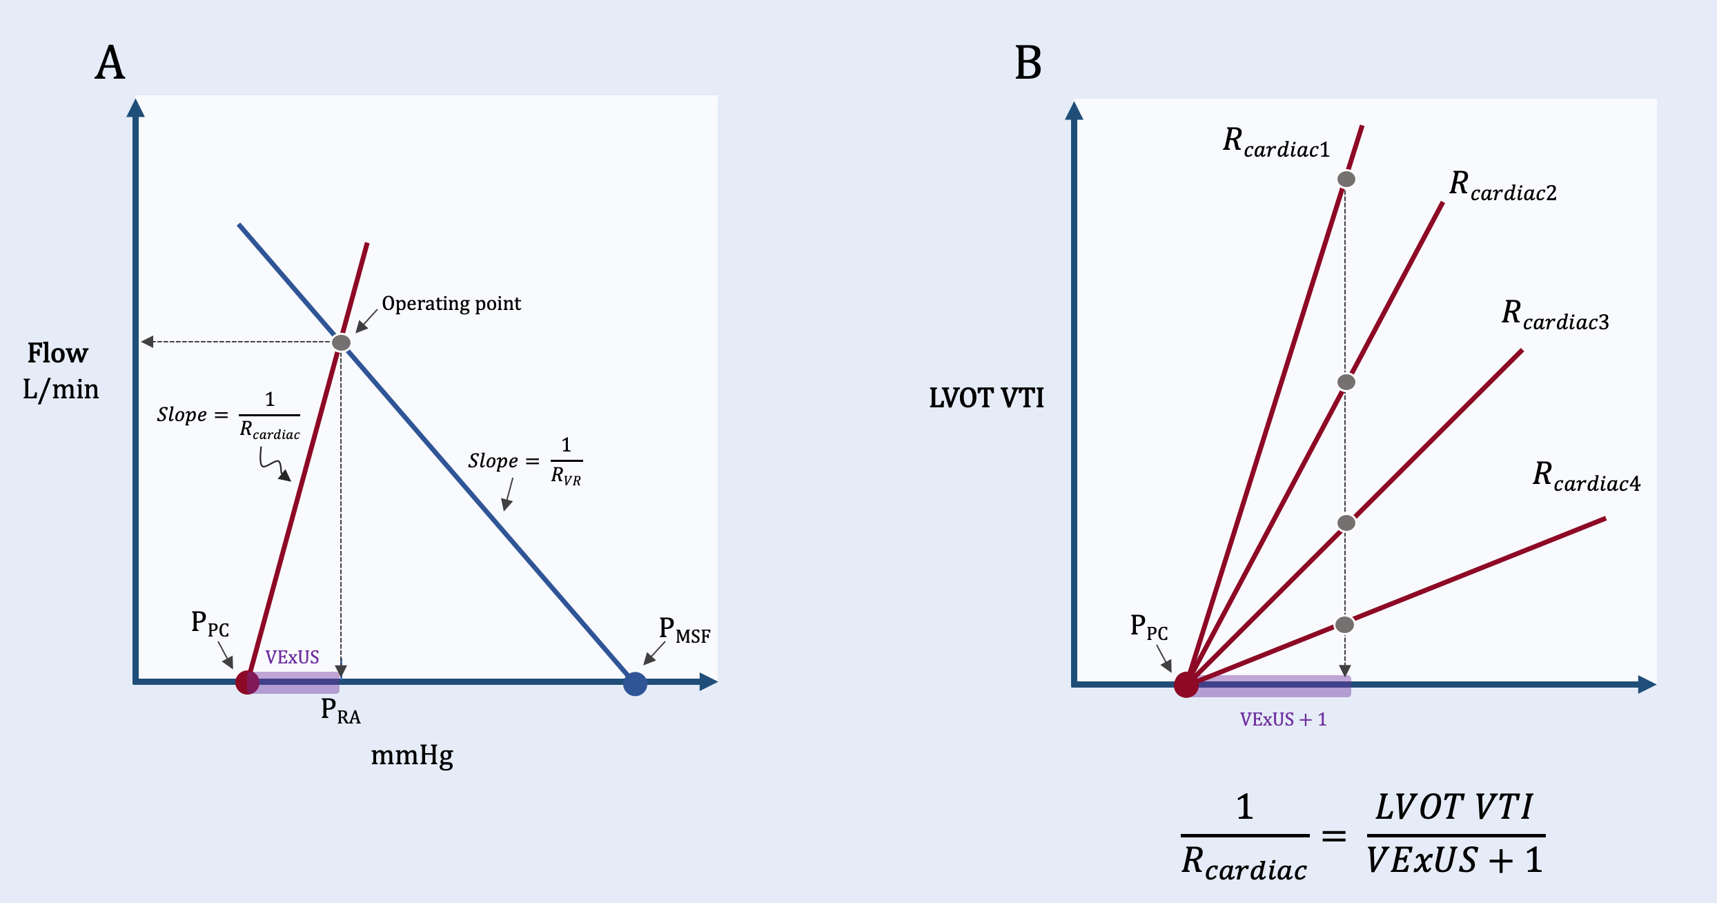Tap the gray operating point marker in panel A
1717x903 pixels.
341,342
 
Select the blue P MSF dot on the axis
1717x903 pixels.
635,683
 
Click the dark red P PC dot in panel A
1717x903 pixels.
247,682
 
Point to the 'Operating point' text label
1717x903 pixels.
451,304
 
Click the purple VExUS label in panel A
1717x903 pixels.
292,657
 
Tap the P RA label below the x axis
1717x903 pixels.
341,710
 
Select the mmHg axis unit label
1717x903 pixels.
412,756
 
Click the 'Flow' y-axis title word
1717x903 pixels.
58,353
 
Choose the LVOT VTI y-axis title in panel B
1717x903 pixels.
986,398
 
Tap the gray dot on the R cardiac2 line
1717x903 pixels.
1346,382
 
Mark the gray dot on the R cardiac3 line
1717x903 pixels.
1346,523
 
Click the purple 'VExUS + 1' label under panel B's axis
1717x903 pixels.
1283,719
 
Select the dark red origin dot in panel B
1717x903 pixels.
1186,685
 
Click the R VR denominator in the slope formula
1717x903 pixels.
566,476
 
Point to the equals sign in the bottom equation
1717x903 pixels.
1334,837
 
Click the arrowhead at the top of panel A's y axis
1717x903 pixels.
136,108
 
